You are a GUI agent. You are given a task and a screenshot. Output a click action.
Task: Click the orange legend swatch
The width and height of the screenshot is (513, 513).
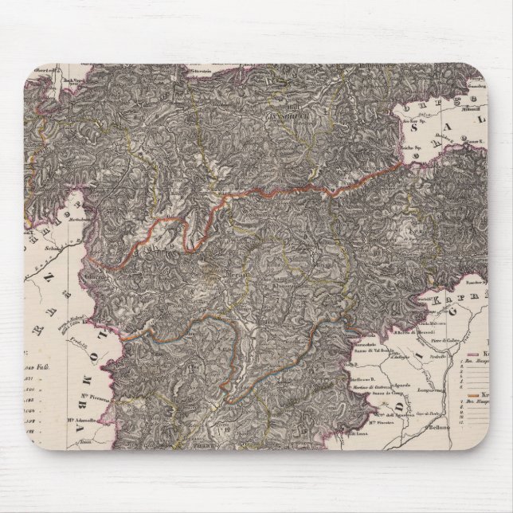click(x=476, y=396)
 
